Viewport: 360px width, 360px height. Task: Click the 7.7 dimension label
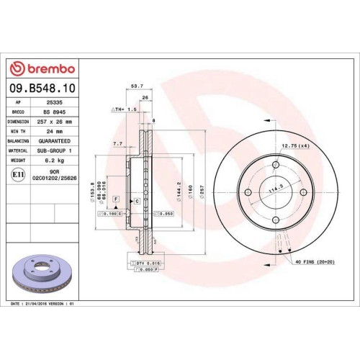point(118,144)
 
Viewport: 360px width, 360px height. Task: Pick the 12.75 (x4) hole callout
point(294,147)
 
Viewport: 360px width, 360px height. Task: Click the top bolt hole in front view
point(276,163)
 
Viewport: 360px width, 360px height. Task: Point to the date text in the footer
point(43,305)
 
